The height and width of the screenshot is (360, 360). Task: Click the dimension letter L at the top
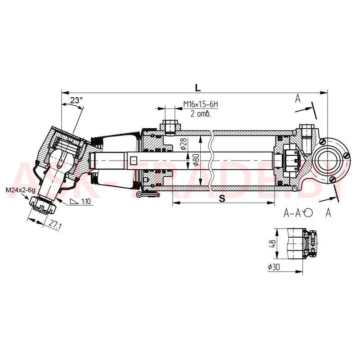coord(198,88)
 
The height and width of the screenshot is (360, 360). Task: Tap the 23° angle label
coord(76,100)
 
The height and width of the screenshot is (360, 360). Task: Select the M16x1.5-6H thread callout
coord(200,104)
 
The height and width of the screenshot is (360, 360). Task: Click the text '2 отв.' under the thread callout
coord(200,113)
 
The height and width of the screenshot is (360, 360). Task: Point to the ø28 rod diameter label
coord(184,144)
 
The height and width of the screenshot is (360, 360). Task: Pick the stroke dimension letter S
coord(222,198)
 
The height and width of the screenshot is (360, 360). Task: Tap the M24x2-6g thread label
coord(20,190)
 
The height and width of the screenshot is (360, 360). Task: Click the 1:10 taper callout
coord(81,202)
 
